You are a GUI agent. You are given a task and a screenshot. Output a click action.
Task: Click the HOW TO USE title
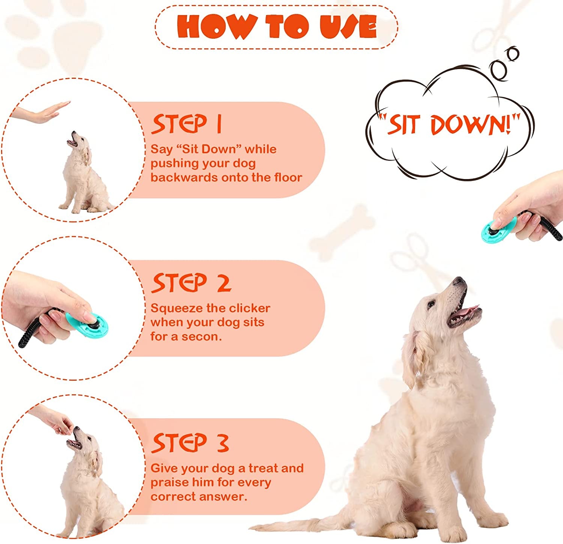pos(277,26)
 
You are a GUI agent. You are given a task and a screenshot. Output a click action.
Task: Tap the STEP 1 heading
pos(187,124)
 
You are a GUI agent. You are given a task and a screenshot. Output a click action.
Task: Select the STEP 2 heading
pos(191,283)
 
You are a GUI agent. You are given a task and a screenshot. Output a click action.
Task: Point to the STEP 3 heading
pos(190,443)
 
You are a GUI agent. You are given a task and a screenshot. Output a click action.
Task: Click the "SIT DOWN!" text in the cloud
pos(449,125)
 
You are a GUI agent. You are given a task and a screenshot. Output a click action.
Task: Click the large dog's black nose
pos(459,281)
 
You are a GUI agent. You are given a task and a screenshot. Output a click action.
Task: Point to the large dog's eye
pos(433,304)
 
